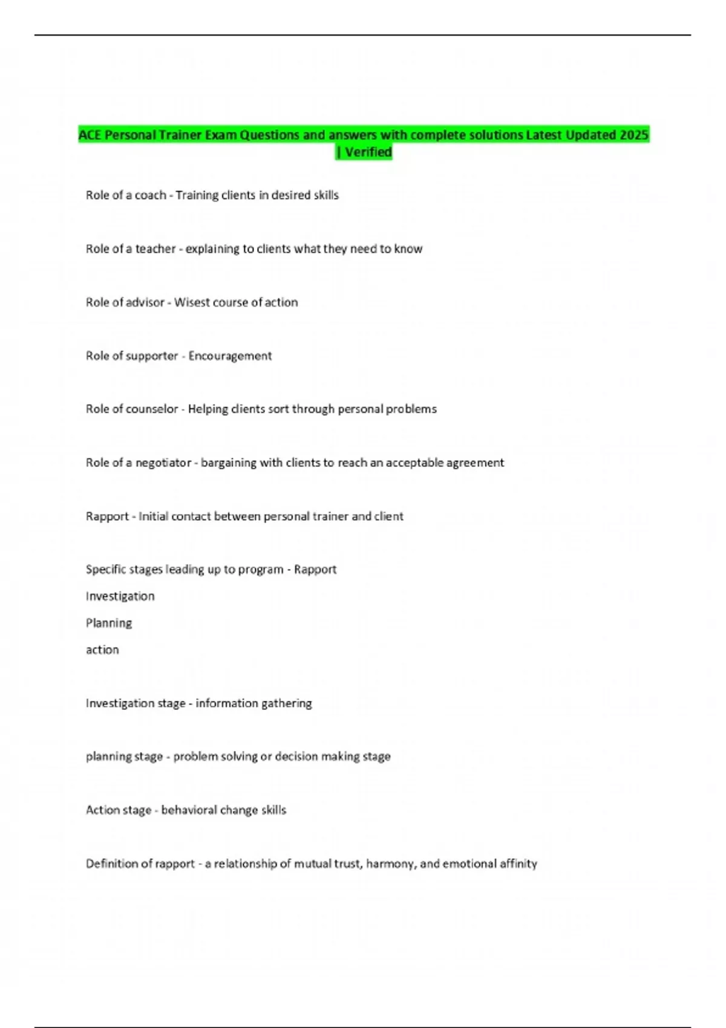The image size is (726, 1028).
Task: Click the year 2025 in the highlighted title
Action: coord(634,135)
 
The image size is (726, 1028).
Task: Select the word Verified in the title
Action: coord(368,152)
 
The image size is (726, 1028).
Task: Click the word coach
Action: coord(150,195)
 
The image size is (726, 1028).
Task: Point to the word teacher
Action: coord(155,249)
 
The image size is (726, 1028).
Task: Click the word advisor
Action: coord(145,302)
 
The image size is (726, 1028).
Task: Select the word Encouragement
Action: coord(230,356)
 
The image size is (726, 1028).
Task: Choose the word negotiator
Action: coord(163,463)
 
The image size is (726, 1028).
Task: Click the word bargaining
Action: coord(229,463)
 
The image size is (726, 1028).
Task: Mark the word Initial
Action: coord(154,516)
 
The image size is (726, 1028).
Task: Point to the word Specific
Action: coord(105,570)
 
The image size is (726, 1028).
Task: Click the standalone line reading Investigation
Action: coord(120,596)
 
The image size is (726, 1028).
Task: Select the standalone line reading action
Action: coord(102,650)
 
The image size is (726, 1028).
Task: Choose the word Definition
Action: coord(111,864)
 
